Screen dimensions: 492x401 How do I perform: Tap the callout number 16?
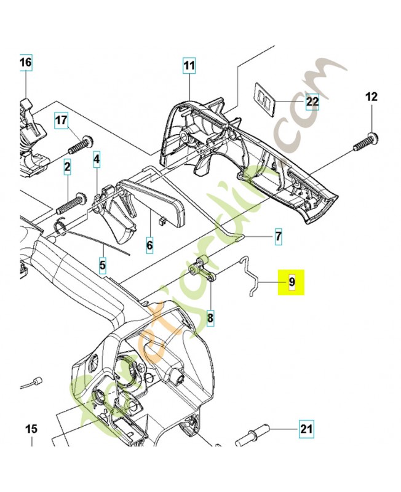coord(25,63)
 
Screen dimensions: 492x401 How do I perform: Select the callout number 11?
coord(189,65)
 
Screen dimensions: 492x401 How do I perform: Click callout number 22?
coord(312,101)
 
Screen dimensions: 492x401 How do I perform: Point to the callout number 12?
coord(372,97)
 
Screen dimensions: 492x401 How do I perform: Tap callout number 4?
coord(97,161)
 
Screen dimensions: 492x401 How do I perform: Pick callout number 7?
coord(277,236)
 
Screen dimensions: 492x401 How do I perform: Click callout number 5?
coord(103,266)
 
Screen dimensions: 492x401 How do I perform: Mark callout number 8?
coord(210,318)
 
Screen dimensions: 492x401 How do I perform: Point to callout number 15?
coord(31,429)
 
